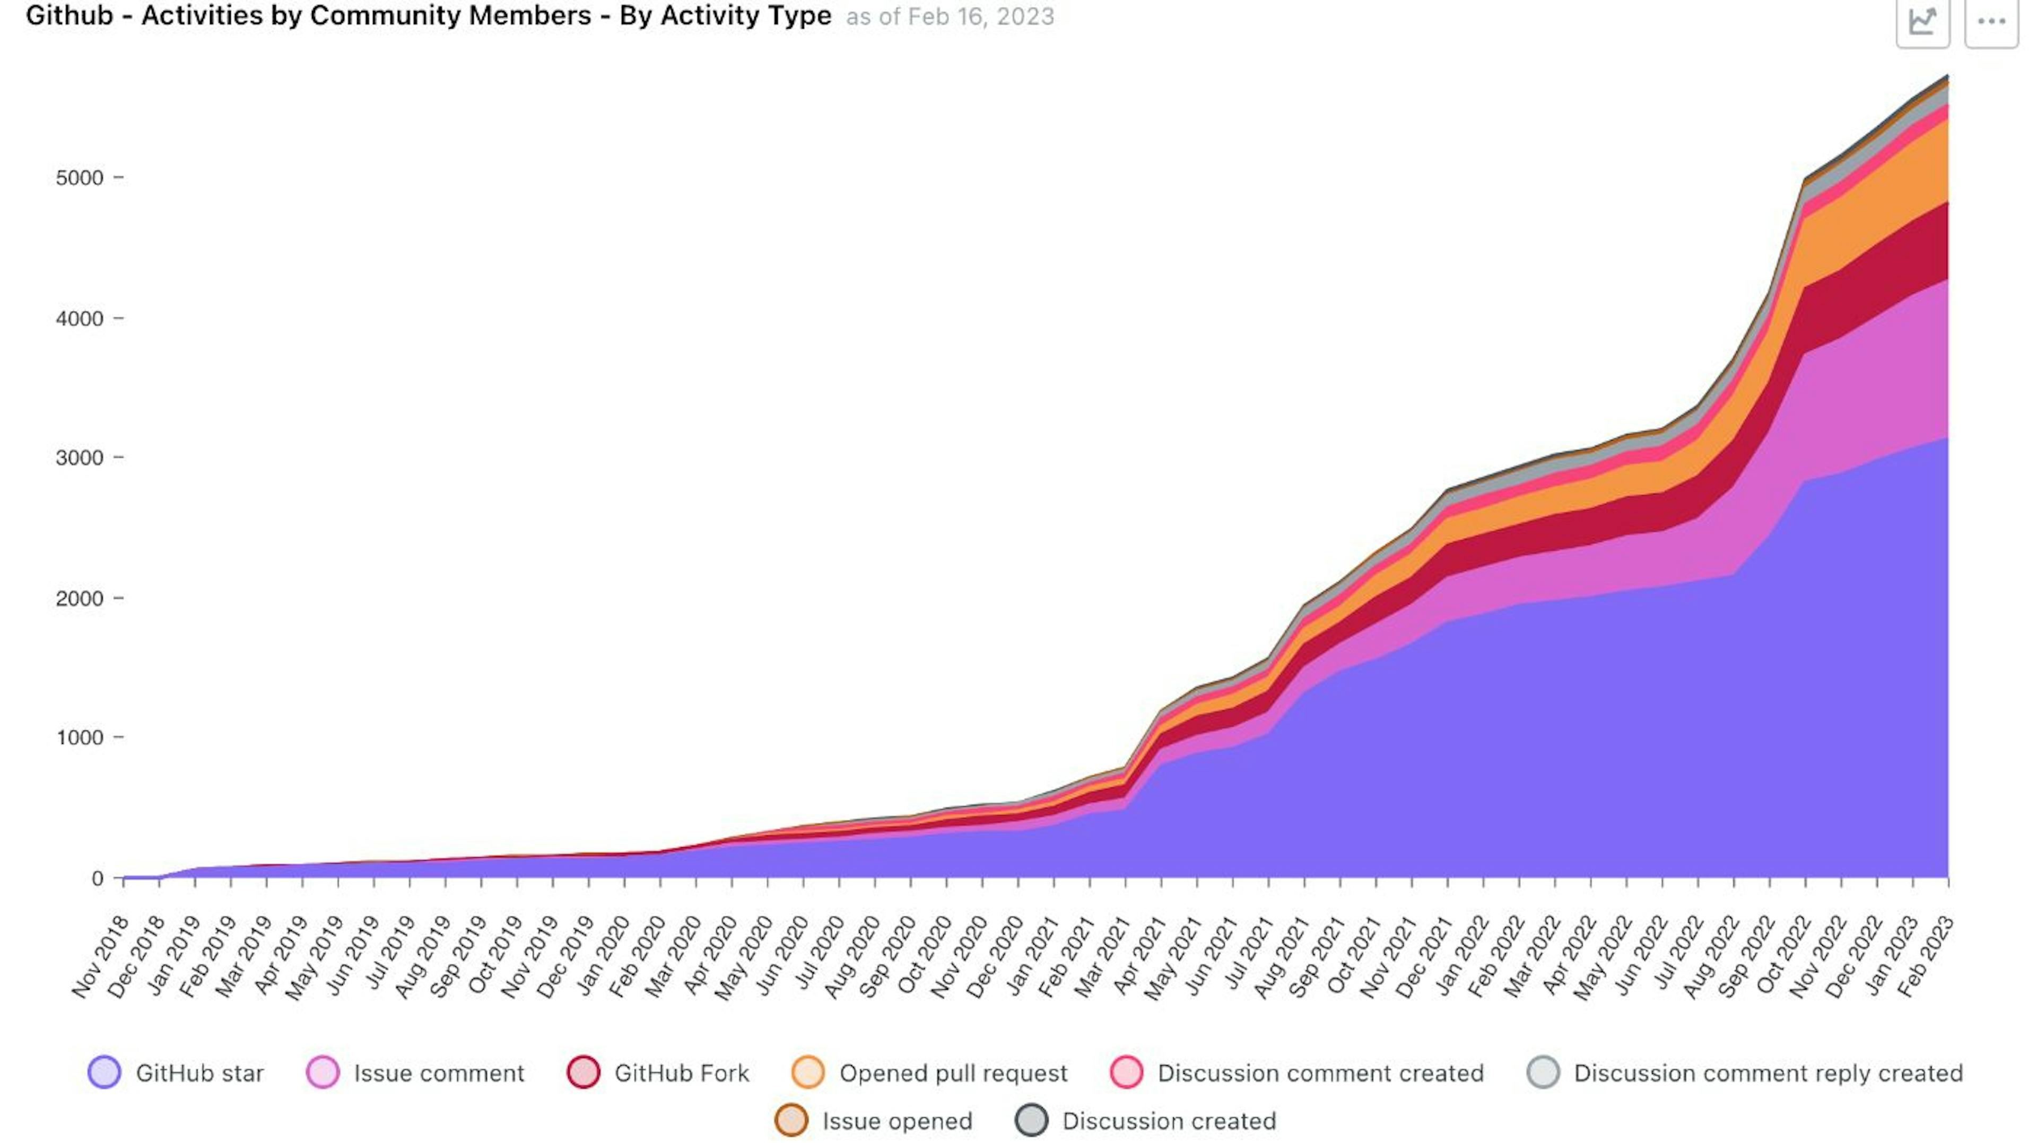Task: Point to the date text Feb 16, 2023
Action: pos(980,16)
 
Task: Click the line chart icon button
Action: pos(1922,21)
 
